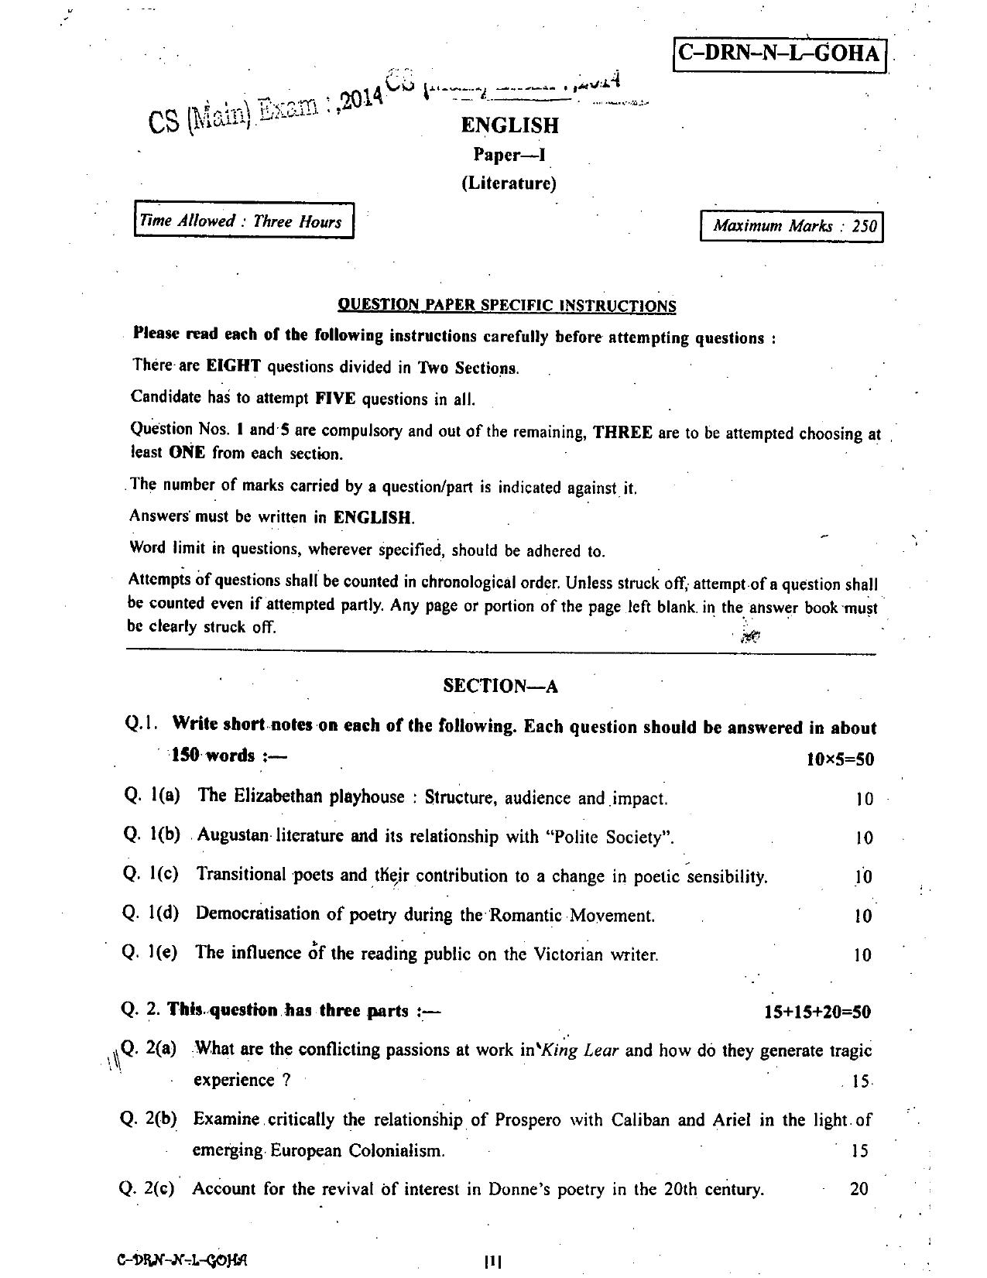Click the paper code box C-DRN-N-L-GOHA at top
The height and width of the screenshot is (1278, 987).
(780, 53)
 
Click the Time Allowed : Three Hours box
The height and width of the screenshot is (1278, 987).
(244, 221)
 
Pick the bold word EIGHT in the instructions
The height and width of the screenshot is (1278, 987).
(233, 366)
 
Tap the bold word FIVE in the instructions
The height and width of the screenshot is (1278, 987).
(335, 399)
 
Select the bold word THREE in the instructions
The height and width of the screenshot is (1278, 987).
(622, 432)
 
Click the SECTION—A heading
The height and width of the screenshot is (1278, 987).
(500, 686)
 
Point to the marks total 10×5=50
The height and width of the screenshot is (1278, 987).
(840, 759)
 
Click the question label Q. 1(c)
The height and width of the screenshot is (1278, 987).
(151, 874)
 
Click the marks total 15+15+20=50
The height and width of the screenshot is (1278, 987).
(817, 1012)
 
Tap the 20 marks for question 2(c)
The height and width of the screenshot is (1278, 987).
(859, 1189)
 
